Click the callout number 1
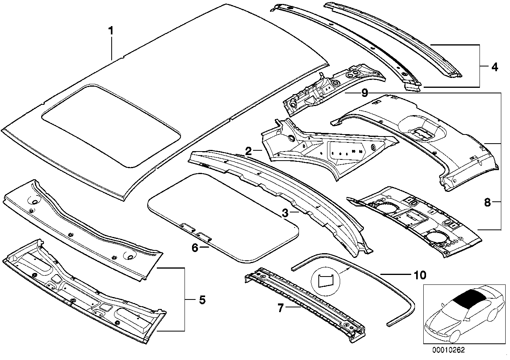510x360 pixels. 112,30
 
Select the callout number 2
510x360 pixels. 248,151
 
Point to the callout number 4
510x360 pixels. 495,67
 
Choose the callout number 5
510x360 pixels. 202,300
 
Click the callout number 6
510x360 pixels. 194,248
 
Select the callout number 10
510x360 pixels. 420,274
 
